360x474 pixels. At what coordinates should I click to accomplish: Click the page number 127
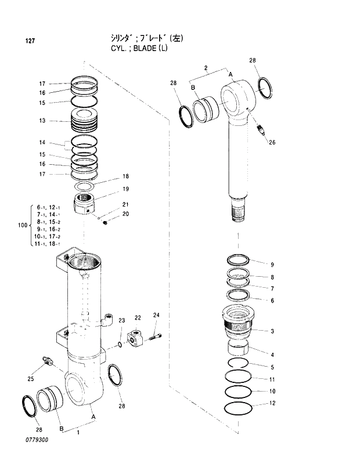30,41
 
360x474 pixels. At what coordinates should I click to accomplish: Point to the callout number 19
125,189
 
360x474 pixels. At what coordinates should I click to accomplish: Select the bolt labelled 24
155,335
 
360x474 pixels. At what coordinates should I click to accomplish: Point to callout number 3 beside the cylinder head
272,331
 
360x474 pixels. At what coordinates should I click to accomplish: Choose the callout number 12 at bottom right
272,403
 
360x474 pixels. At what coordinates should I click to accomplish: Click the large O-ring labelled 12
239,408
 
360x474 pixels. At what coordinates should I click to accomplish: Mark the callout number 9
272,264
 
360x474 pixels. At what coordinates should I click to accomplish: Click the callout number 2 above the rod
206,68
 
